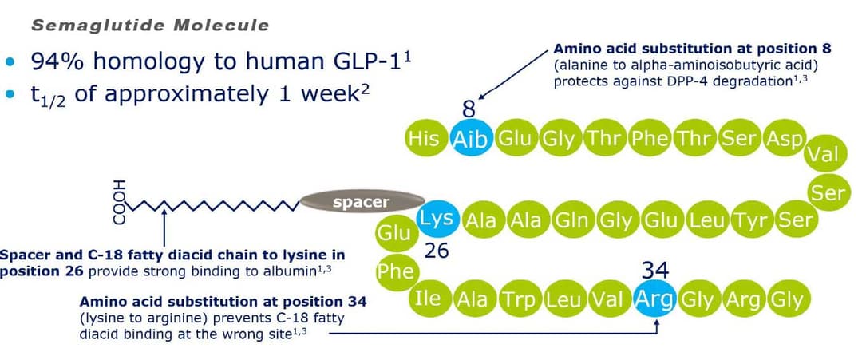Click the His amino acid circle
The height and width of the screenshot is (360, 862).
(425, 139)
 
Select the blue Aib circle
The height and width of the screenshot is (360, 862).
(470, 139)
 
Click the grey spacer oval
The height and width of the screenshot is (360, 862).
(362, 202)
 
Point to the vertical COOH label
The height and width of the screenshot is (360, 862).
(119, 202)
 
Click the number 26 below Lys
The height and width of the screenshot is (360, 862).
(437, 251)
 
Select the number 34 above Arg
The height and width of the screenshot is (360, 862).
(655, 271)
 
